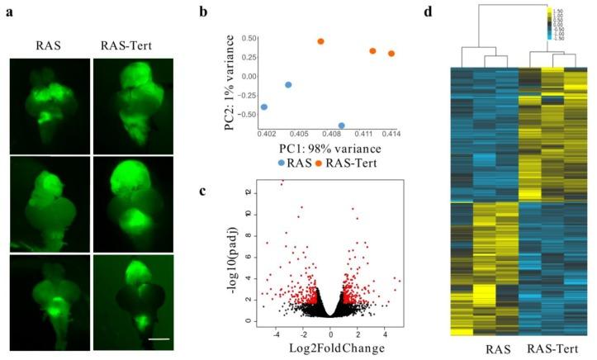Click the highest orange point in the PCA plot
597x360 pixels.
click(320, 41)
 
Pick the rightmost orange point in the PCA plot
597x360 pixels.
click(391, 54)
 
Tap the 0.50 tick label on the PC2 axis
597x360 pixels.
click(243, 38)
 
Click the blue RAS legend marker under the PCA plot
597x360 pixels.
click(282, 163)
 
